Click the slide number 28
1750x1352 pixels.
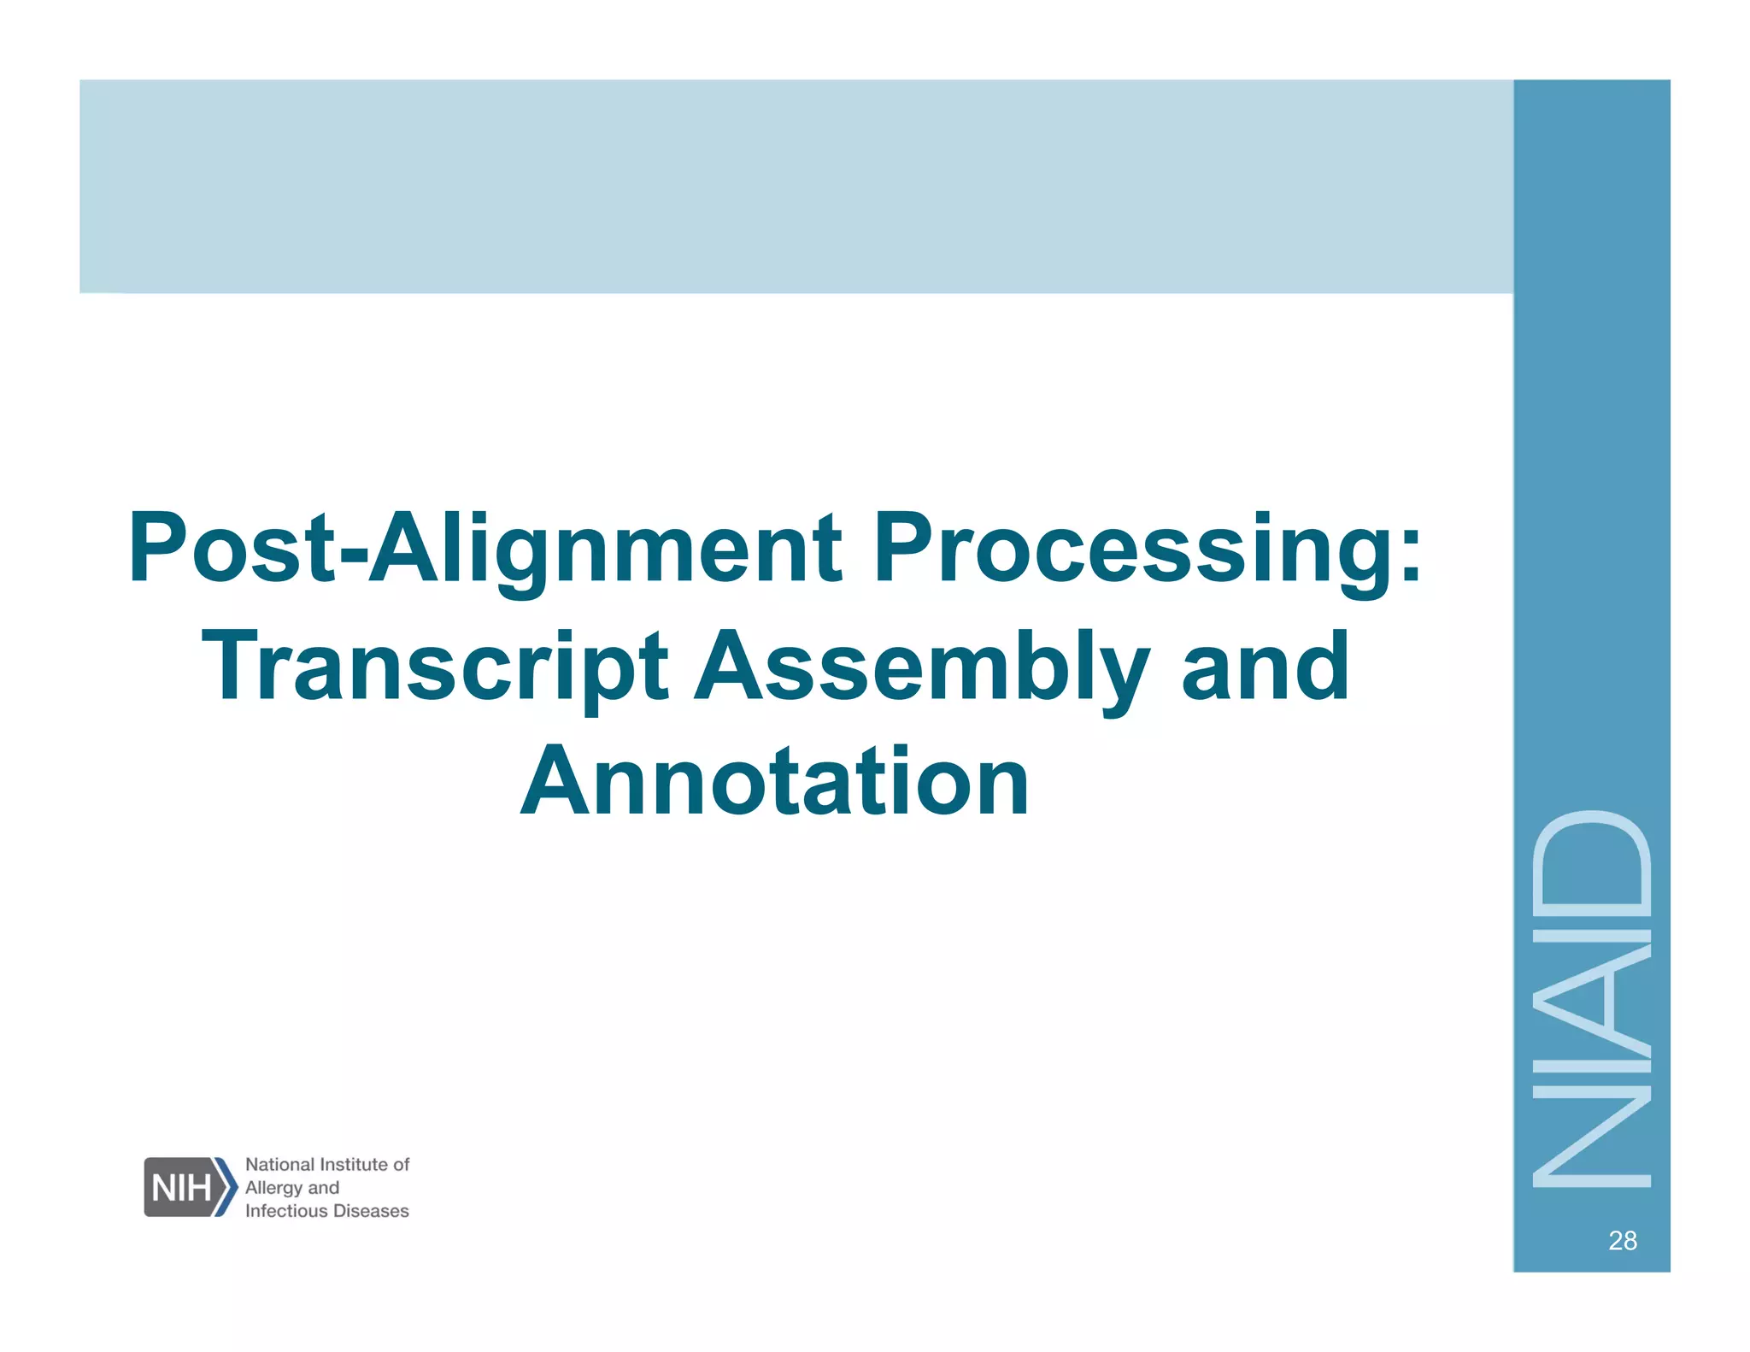1622,1240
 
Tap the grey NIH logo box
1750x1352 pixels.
182,1187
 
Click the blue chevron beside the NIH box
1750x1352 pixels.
226,1187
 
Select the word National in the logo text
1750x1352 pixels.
279,1164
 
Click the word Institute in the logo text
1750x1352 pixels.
353,1164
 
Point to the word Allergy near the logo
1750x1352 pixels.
273,1188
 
